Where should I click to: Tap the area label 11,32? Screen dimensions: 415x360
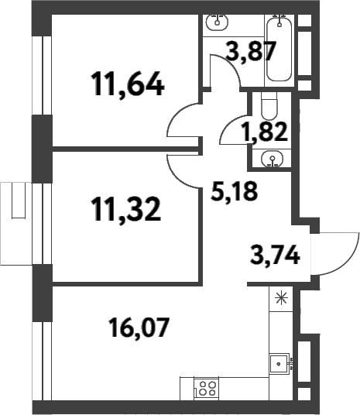(x=125, y=208)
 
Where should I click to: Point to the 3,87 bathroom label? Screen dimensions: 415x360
(x=241, y=53)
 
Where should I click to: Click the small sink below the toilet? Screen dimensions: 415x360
(x=270, y=160)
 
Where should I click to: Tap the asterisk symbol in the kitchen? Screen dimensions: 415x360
(x=279, y=297)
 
